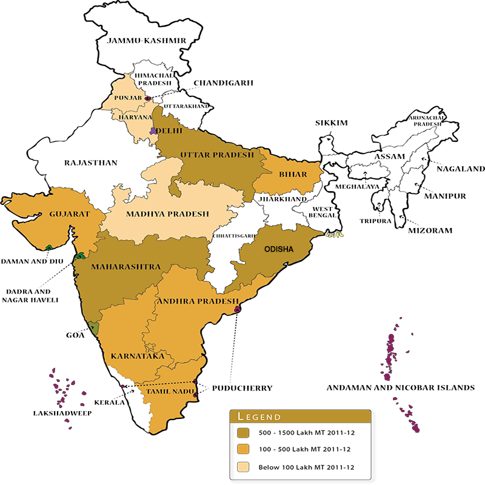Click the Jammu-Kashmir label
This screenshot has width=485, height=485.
146,41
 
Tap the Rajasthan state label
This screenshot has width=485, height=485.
91,162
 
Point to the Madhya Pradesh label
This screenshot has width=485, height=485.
167,214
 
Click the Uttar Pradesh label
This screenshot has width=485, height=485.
217,155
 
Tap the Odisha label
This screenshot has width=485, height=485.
279,249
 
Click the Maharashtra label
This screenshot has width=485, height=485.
125,267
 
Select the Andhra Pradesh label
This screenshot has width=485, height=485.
198,301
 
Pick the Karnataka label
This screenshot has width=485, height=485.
138,356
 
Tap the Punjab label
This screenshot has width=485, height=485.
127,98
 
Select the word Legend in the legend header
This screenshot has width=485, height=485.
259,416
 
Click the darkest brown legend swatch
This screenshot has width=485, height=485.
242,433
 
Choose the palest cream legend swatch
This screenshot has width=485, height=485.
242,467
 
